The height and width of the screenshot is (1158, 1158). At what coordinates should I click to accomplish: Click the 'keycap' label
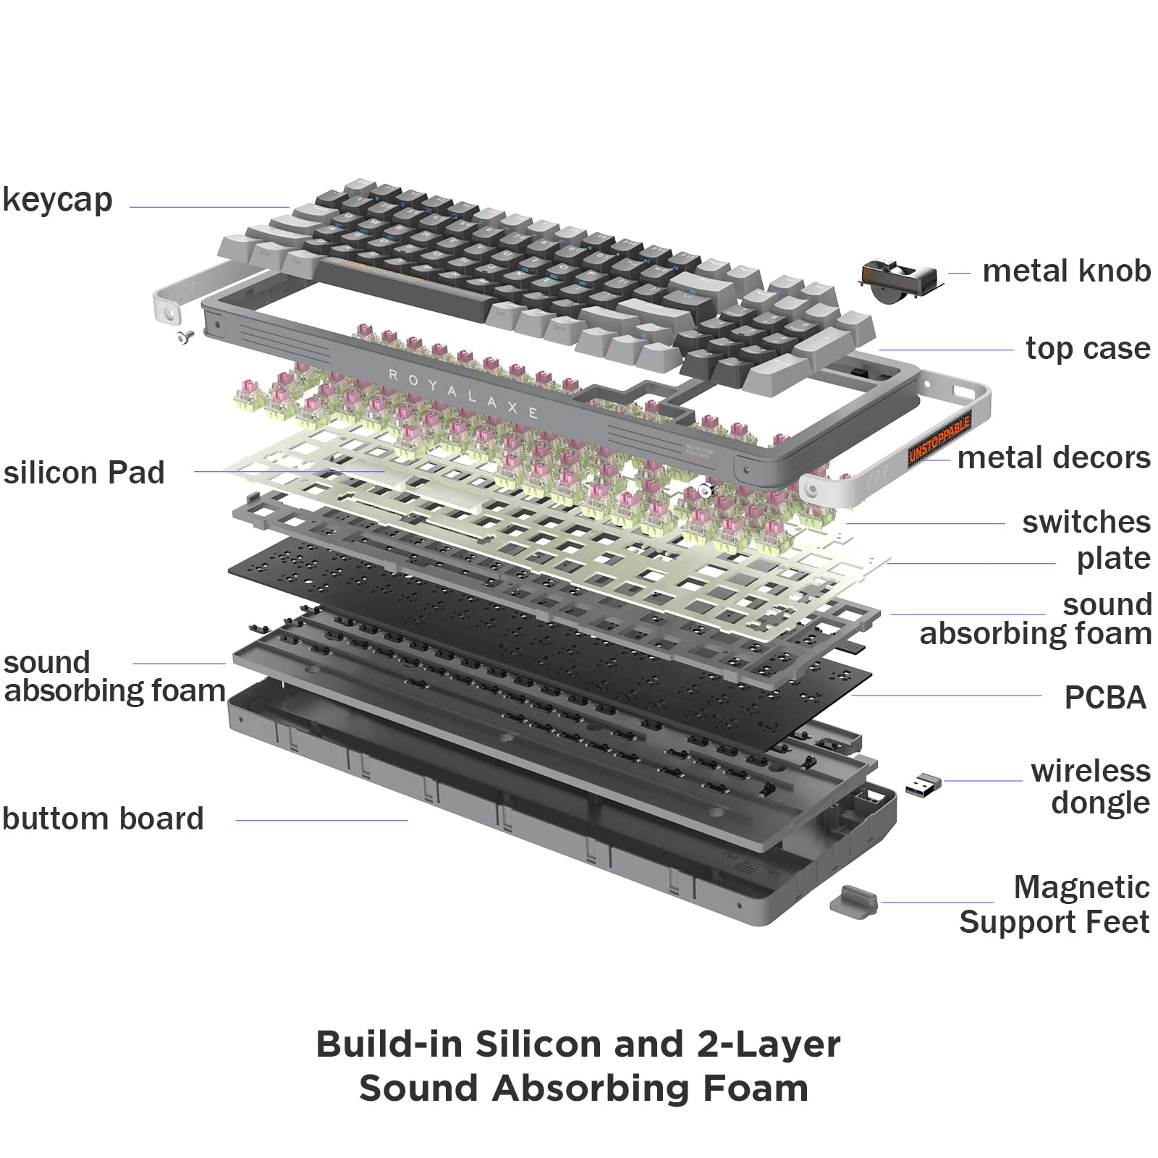(58, 200)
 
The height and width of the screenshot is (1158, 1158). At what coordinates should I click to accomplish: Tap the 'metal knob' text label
(1065, 271)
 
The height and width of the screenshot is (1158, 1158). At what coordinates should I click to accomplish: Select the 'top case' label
(1087, 349)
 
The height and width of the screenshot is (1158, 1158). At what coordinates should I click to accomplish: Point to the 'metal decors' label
(1053, 458)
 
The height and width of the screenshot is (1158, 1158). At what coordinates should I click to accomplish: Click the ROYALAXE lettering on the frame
(463, 394)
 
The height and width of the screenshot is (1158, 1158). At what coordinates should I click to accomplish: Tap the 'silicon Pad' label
(84, 473)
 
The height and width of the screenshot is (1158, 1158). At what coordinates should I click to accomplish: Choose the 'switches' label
(1086, 522)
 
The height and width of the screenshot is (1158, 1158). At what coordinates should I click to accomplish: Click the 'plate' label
(1112, 558)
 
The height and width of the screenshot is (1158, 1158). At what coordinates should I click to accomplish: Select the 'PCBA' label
(1104, 698)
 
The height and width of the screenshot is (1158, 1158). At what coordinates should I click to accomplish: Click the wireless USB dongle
(923, 786)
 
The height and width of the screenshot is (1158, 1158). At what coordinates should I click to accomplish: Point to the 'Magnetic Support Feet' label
(1056, 905)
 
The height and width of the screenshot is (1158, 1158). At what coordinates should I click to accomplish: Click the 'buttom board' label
(103, 819)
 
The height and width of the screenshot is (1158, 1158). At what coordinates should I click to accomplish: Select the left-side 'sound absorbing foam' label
(114, 677)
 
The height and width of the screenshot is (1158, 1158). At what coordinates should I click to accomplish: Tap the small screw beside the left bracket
(184, 336)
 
